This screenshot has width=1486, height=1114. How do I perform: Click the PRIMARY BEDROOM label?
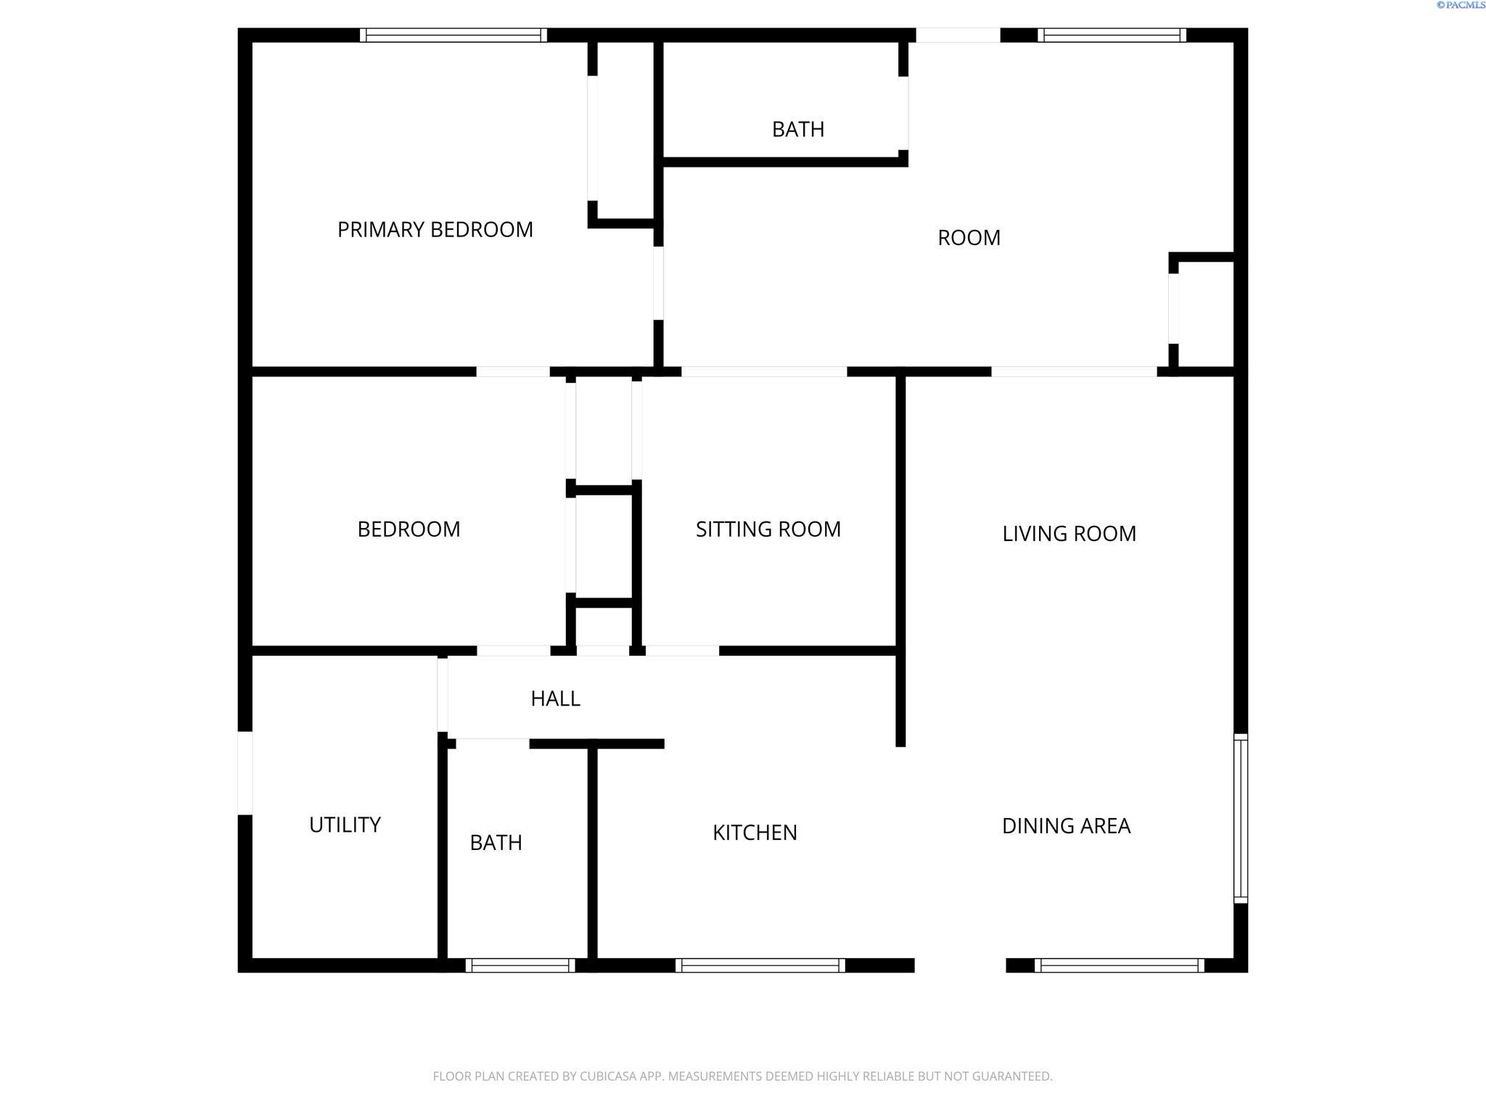click(435, 230)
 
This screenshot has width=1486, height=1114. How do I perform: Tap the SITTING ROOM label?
click(768, 529)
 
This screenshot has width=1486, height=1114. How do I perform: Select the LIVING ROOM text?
click(1069, 534)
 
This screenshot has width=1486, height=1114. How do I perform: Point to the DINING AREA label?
click(1066, 826)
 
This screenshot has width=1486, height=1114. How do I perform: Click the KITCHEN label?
click(755, 833)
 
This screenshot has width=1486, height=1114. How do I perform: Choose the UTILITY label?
click(345, 825)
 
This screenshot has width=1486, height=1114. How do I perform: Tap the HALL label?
click(555, 699)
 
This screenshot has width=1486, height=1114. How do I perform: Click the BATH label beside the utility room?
click(496, 843)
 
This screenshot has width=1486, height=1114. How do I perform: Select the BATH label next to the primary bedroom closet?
click(798, 130)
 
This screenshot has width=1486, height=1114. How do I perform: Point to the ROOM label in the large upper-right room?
click(969, 238)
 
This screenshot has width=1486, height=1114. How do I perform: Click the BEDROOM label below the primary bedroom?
click(409, 529)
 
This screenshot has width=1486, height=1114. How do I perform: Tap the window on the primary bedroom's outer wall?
click(453, 35)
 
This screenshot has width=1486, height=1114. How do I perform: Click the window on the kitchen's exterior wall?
click(760, 965)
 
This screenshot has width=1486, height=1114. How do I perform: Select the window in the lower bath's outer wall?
click(520, 965)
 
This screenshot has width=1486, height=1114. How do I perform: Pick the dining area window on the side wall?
click(1241, 818)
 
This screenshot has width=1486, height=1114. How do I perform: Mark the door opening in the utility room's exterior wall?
click(245, 773)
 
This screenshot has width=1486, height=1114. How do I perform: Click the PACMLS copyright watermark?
click(1461, 5)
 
